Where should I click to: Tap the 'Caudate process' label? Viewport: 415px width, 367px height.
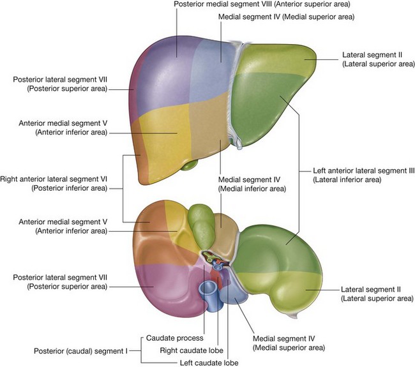pos(175,338)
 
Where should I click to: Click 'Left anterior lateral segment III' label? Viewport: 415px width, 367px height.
pos(364,171)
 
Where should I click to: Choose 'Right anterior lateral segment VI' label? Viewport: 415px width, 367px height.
pos(55,180)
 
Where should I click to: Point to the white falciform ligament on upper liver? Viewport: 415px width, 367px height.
pos(237,96)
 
